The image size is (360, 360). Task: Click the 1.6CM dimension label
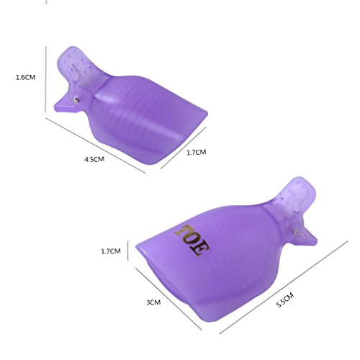(25, 77)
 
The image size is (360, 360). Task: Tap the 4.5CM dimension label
(94, 159)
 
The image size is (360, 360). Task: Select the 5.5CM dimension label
(285, 300)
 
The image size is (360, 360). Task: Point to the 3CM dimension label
(153, 302)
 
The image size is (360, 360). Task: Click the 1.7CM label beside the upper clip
(197, 152)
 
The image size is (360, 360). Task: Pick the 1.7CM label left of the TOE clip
(111, 251)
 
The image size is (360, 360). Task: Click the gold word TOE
(192, 240)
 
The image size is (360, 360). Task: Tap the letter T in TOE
(183, 231)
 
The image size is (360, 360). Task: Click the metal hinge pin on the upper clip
(76, 100)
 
